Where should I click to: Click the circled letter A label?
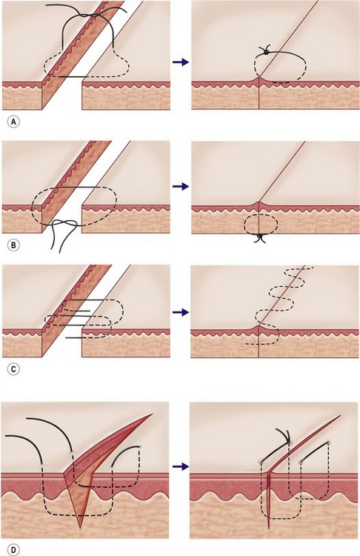(x=13, y=122)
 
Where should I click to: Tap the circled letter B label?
(x=13, y=245)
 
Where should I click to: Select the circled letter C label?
(x=13, y=368)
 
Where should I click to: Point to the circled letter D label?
(x=13, y=550)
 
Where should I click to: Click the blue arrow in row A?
(x=181, y=62)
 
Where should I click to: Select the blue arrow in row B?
(x=181, y=186)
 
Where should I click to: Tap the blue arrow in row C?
(x=181, y=312)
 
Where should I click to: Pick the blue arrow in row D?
(x=181, y=466)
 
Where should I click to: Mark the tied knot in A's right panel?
(x=265, y=53)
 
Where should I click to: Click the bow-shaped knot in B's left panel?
(x=64, y=223)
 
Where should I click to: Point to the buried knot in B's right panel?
(x=260, y=237)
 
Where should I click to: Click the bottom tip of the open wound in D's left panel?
(x=81, y=528)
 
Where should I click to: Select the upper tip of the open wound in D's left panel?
(x=152, y=414)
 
